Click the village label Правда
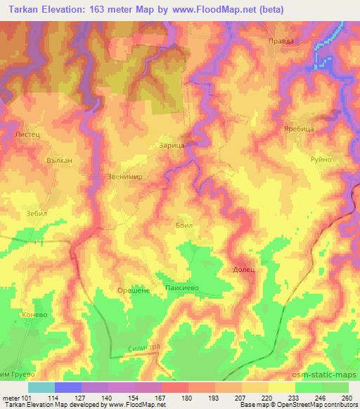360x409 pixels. [281, 41]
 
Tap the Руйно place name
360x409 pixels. [321, 160]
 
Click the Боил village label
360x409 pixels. [184, 226]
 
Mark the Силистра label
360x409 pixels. [146, 347]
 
